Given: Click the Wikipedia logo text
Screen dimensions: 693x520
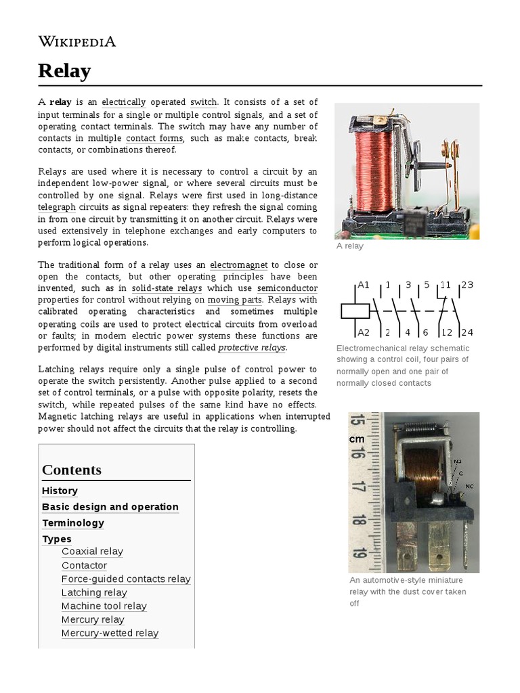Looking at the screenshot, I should coord(77,42).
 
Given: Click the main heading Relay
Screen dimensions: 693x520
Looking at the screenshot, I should coord(64,70).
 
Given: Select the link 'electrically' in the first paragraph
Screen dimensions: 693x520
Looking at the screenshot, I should coord(124,102).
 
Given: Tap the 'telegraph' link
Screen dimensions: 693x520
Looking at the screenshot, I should coord(57,206).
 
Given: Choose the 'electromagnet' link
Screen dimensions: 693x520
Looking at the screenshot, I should coord(239,264).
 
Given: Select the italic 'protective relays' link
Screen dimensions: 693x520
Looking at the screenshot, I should coord(252,347).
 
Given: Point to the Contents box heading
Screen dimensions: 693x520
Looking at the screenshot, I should coord(72,470).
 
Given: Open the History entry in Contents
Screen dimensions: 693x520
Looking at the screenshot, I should coord(60,491).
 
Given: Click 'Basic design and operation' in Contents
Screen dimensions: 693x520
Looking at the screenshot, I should coord(110,507).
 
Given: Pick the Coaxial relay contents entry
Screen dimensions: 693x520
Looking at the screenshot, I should coord(92,552).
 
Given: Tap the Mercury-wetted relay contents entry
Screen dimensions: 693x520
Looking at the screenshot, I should coord(110,633).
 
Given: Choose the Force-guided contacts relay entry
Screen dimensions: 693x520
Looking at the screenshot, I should coord(126,579).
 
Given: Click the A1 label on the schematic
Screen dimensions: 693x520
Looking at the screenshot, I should coord(364,285).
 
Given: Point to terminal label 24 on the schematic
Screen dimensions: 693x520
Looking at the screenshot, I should coord(467,332).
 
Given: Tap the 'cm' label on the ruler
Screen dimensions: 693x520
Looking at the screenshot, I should coord(357,439).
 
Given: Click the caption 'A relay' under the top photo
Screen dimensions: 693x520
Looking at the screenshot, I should coord(350,246).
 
